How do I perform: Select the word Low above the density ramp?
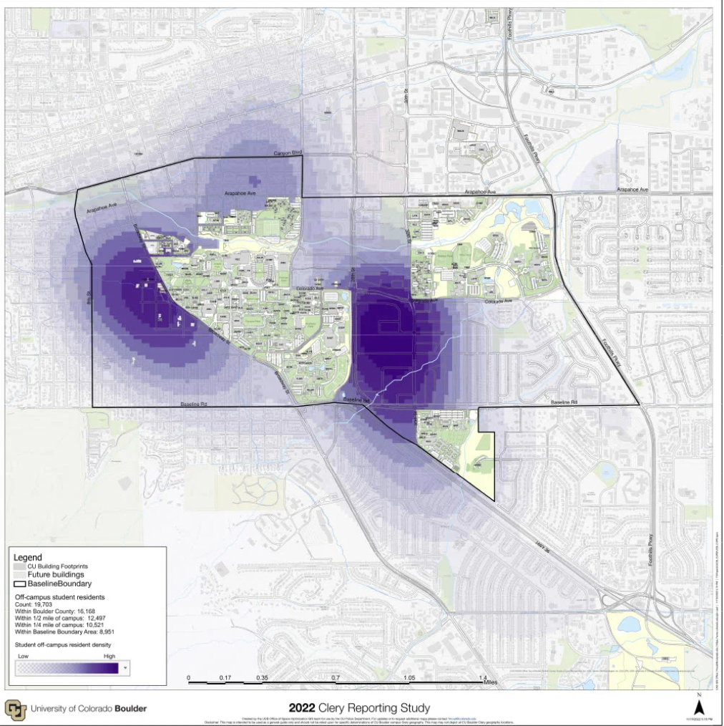click(23, 655)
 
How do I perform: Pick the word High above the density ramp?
click(109, 655)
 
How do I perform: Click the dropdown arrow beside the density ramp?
click(126, 668)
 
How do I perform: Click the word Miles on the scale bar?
click(490, 682)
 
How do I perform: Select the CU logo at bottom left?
click(15, 709)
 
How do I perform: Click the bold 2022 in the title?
click(303, 709)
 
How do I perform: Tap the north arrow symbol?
click(698, 705)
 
